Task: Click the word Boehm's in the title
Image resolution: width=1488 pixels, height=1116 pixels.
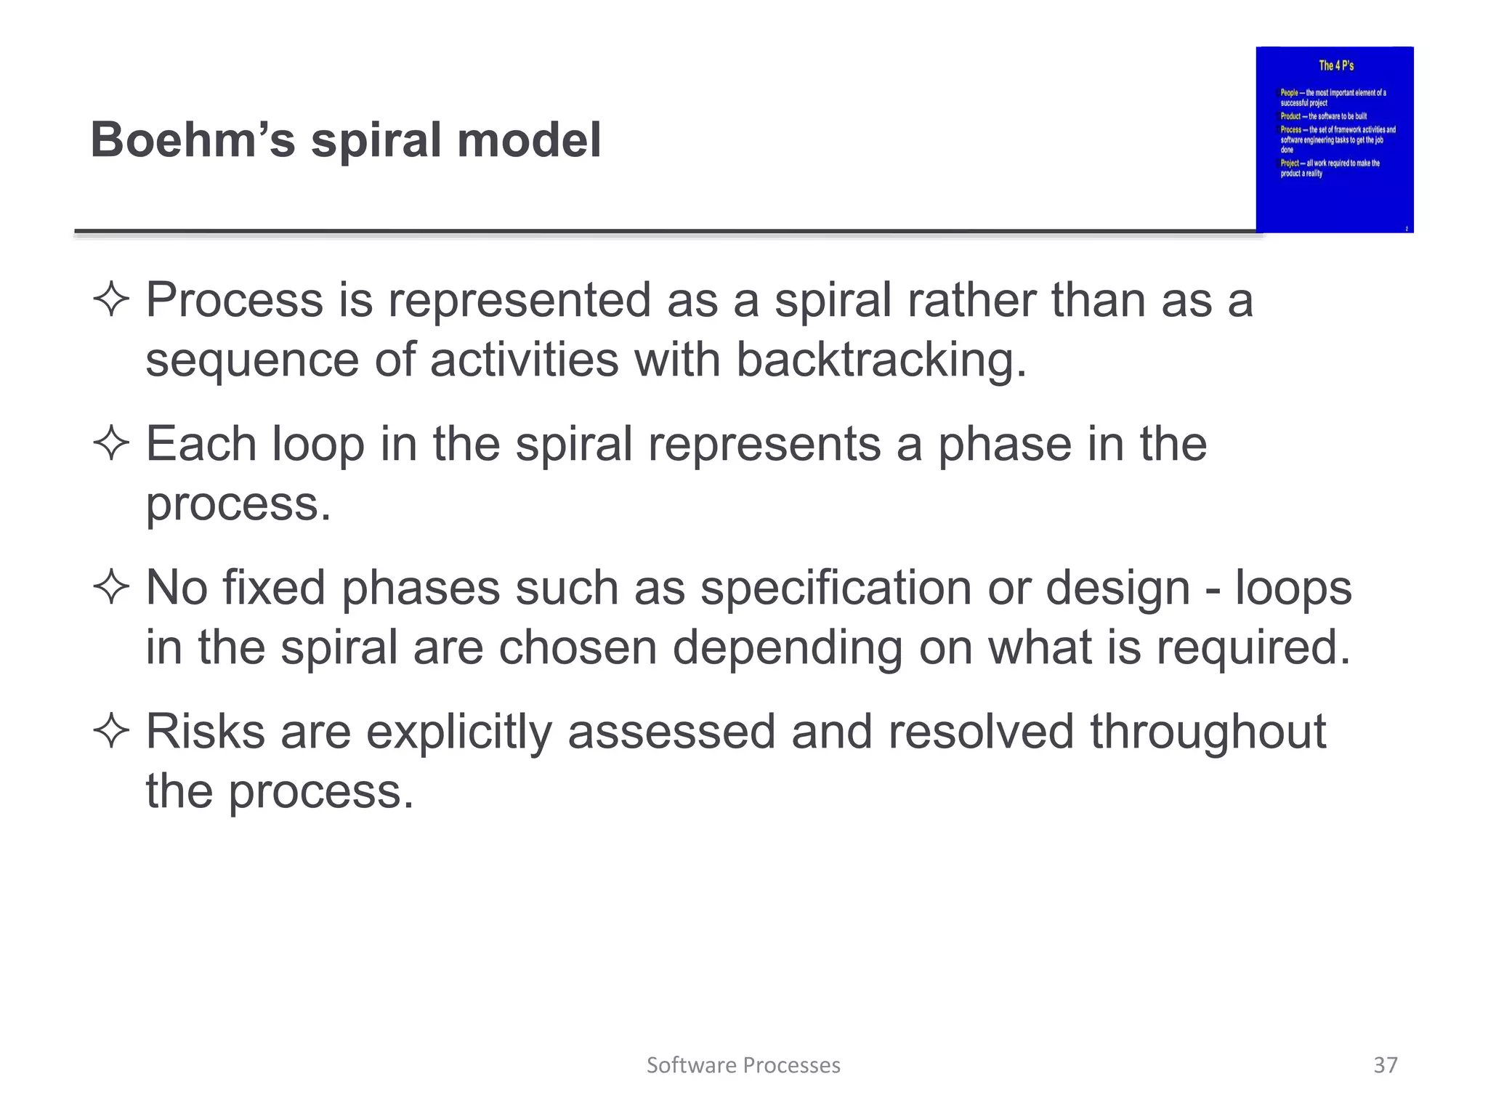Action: tap(193, 139)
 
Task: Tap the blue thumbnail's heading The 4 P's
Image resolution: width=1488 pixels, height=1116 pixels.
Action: tap(1336, 65)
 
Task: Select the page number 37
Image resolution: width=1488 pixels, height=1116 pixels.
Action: tap(1386, 1064)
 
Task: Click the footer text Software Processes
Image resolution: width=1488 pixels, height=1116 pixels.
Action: tap(743, 1065)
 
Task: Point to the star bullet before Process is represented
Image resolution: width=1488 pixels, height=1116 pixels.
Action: tap(111, 299)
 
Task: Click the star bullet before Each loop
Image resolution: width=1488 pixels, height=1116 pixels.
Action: tap(111, 443)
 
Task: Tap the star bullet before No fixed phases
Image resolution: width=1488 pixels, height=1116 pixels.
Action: tap(111, 587)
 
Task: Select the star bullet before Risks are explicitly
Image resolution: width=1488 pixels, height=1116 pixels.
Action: tap(111, 731)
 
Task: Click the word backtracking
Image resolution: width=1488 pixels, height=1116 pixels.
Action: tap(881, 360)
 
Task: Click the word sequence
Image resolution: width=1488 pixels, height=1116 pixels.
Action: tap(252, 361)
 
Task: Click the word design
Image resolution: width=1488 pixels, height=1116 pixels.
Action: tap(1117, 589)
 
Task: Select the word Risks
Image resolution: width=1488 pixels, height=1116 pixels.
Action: tap(206, 731)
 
